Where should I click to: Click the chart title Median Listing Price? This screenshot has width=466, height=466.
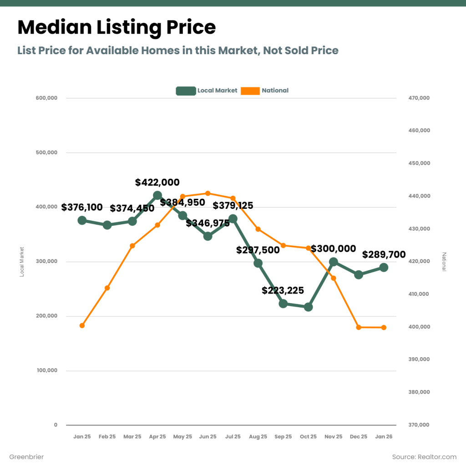[116, 28]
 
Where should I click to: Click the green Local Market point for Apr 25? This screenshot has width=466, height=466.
[157, 196]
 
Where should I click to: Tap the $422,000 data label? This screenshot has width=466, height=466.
[157, 182]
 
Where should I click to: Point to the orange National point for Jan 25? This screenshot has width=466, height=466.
[82, 325]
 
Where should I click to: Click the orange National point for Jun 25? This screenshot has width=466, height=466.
[208, 193]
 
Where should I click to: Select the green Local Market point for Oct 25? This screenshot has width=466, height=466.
[308, 307]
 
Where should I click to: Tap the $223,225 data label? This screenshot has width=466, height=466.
[283, 290]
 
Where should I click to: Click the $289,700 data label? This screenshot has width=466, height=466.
[384, 254]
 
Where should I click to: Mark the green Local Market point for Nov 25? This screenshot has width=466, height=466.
[334, 262]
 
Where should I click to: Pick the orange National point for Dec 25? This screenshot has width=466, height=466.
[359, 327]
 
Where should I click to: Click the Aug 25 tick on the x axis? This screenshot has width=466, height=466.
[258, 436]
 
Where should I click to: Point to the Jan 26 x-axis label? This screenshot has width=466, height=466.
[384, 436]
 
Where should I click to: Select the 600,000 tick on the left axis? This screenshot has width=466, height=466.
[46, 98]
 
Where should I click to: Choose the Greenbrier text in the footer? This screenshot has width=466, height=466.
[26, 456]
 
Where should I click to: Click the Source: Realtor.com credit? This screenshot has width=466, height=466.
[424, 456]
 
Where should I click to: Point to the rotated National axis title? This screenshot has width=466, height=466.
[444, 262]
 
